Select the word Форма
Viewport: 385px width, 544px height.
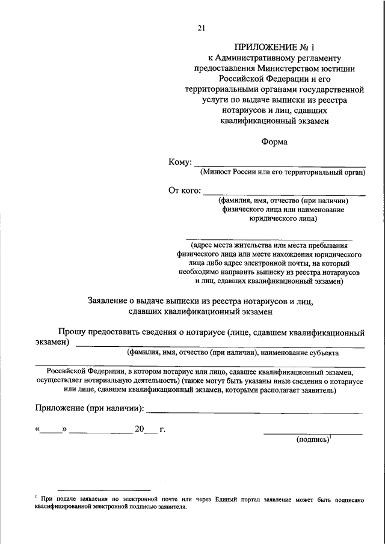click(274, 142)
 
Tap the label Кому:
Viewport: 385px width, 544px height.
click(180, 162)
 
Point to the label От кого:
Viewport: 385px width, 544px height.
click(184, 191)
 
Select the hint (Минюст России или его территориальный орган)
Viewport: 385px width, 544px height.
click(283, 173)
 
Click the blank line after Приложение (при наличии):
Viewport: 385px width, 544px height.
click(254, 413)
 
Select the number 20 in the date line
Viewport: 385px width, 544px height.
click(140, 430)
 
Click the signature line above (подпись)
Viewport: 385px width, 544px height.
click(313, 433)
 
